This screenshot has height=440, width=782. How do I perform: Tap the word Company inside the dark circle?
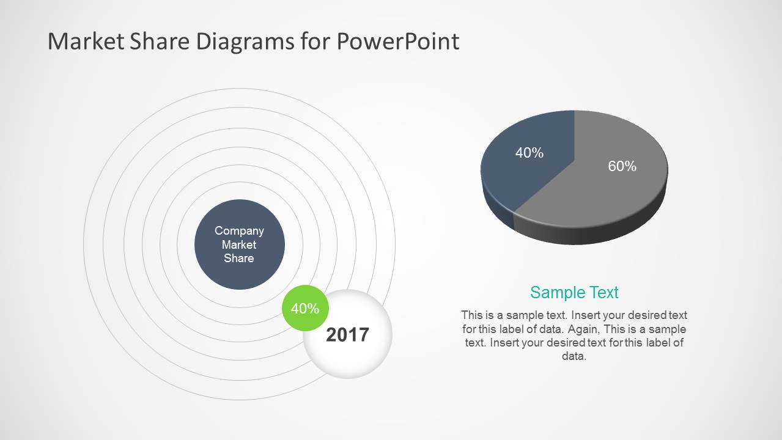tap(239, 230)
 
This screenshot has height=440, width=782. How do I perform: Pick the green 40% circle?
tap(304, 309)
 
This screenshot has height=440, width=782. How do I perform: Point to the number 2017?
tap(347, 334)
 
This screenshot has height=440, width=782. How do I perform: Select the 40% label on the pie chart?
tap(529, 153)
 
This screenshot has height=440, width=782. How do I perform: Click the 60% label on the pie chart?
tap(622, 166)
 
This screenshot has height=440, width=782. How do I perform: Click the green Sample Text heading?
tap(574, 292)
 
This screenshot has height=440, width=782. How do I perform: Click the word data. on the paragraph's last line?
tap(574, 356)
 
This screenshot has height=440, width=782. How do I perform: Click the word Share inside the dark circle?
tap(239, 258)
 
